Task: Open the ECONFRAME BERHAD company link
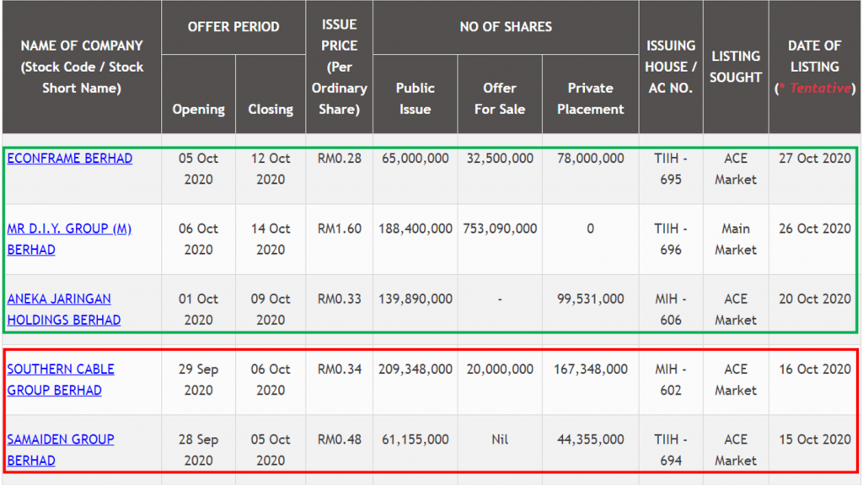coord(70,159)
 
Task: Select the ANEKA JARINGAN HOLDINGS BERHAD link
coord(64,310)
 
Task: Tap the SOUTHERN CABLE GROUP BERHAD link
coord(61,380)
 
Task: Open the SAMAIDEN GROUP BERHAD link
coord(61,450)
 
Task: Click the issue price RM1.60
coord(339,229)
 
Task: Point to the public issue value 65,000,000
coord(415,159)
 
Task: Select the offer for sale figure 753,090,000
coord(500,229)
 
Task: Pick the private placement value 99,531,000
coord(590,299)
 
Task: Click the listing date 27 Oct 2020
coord(814,159)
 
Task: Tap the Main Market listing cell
coord(736,239)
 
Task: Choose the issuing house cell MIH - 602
coord(671,380)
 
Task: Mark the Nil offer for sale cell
coord(500,439)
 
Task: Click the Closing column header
coord(271,109)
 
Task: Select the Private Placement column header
coord(590,98)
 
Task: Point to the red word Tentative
coord(819,89)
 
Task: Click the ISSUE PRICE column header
coord(339,67)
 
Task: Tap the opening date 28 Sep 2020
coord(198,450)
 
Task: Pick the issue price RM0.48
coord(339,439)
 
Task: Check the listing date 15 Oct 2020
coord(814,439)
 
